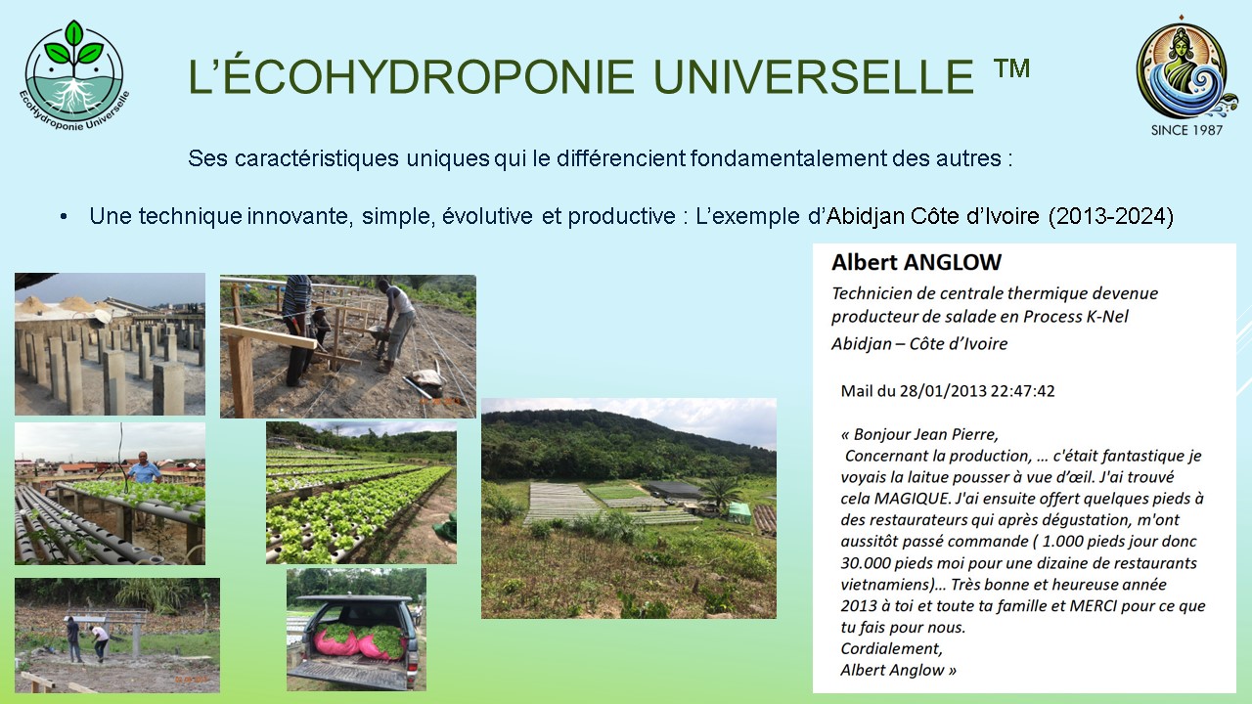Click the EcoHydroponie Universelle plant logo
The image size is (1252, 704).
point(73,75)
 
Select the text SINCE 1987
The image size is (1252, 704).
point(1186,130)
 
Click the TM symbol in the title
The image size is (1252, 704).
point(1011,68)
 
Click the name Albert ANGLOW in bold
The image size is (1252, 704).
point(917,262)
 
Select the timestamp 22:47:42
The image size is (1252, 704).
point(1022,390)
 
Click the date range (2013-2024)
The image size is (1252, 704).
point(1111,216)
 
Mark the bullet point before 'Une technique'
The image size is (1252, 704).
point(64,217)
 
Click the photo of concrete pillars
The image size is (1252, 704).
point(110,343)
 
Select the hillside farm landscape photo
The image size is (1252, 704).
point(629,508)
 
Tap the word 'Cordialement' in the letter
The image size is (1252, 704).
point(891,648)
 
